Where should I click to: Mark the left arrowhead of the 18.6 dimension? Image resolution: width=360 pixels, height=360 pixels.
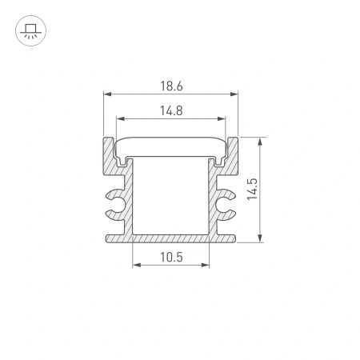107,94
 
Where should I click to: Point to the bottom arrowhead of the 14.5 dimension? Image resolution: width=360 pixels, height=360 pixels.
262,238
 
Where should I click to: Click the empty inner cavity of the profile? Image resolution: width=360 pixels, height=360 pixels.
171,196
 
